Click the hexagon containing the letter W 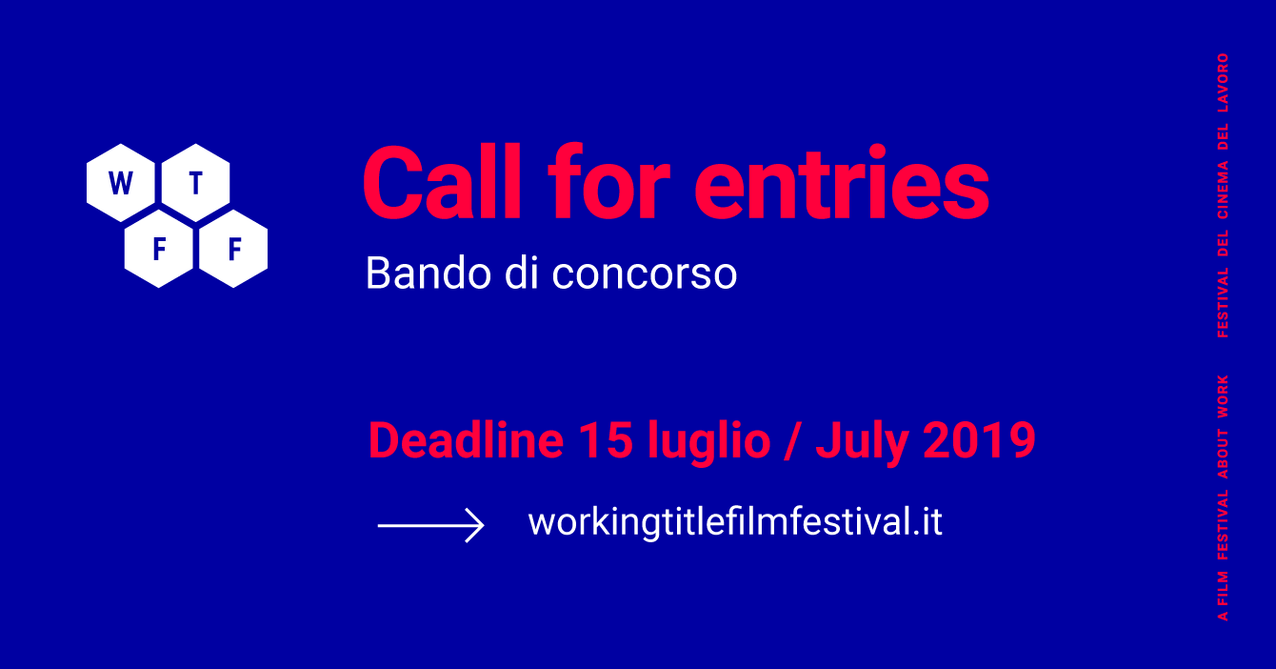pos(120,183)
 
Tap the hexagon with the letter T pos(196,183)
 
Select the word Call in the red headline pos(442,182)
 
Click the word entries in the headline pos(842,182)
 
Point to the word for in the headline pos(608,182)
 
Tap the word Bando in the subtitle pos(429,273)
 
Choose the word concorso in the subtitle pos(645,274)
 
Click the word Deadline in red pos(466,439)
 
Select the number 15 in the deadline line pos(606,439)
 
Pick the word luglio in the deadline pos(709,443)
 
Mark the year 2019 pos(979,439)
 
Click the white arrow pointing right pos(431,525)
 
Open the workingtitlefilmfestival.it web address pos(735,522)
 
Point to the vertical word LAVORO pos(1223,83)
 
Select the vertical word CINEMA pos(1223,190)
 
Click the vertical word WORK pos(1223,396)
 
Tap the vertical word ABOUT pos(1223,455)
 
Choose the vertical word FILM pos(1223,588)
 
